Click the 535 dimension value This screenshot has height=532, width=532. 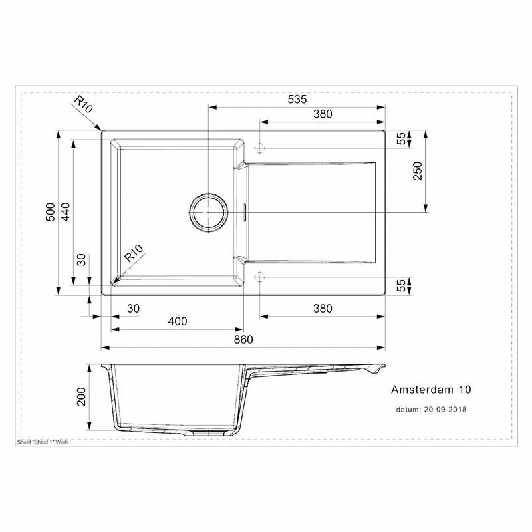(x=297, y=100)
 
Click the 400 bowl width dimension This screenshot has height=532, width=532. (x=178, y=321)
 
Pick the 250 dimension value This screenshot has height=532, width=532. (x=418, y=172)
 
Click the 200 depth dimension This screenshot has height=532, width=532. (x=82, y=397)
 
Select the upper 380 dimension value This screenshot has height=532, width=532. (x=322, y=114)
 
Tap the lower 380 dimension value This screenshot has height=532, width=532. (x=322, y=308)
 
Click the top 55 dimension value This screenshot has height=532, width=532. (x=401, y=138)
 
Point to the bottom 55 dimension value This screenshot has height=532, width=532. (x=401, y=285)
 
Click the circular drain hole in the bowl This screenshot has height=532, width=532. (x=209, y=212)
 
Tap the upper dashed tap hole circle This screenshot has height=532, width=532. (x=260, y=147)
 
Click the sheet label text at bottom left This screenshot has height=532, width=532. (x=41, y=441)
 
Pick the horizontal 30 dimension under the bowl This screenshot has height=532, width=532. (x=133, y=308)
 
